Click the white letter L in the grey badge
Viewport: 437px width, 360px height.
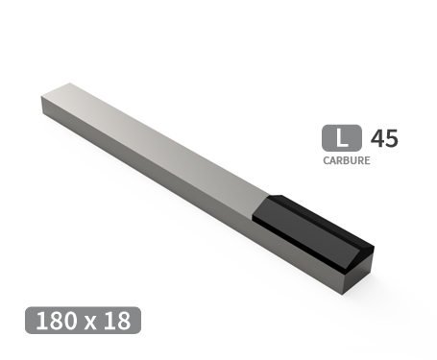click(x=341, y=137)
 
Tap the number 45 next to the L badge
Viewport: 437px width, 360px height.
click(x=384, y=137)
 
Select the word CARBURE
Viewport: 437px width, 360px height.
click(x=347, y=160)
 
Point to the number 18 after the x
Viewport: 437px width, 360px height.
click(x=116, y=321)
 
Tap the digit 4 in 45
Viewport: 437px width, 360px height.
click(x=377, y=137)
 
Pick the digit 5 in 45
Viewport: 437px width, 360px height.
click(x=391, y=137)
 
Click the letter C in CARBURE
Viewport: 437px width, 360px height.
click(x=327, y=160)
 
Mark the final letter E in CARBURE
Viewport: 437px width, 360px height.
click(x=367, y=160)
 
